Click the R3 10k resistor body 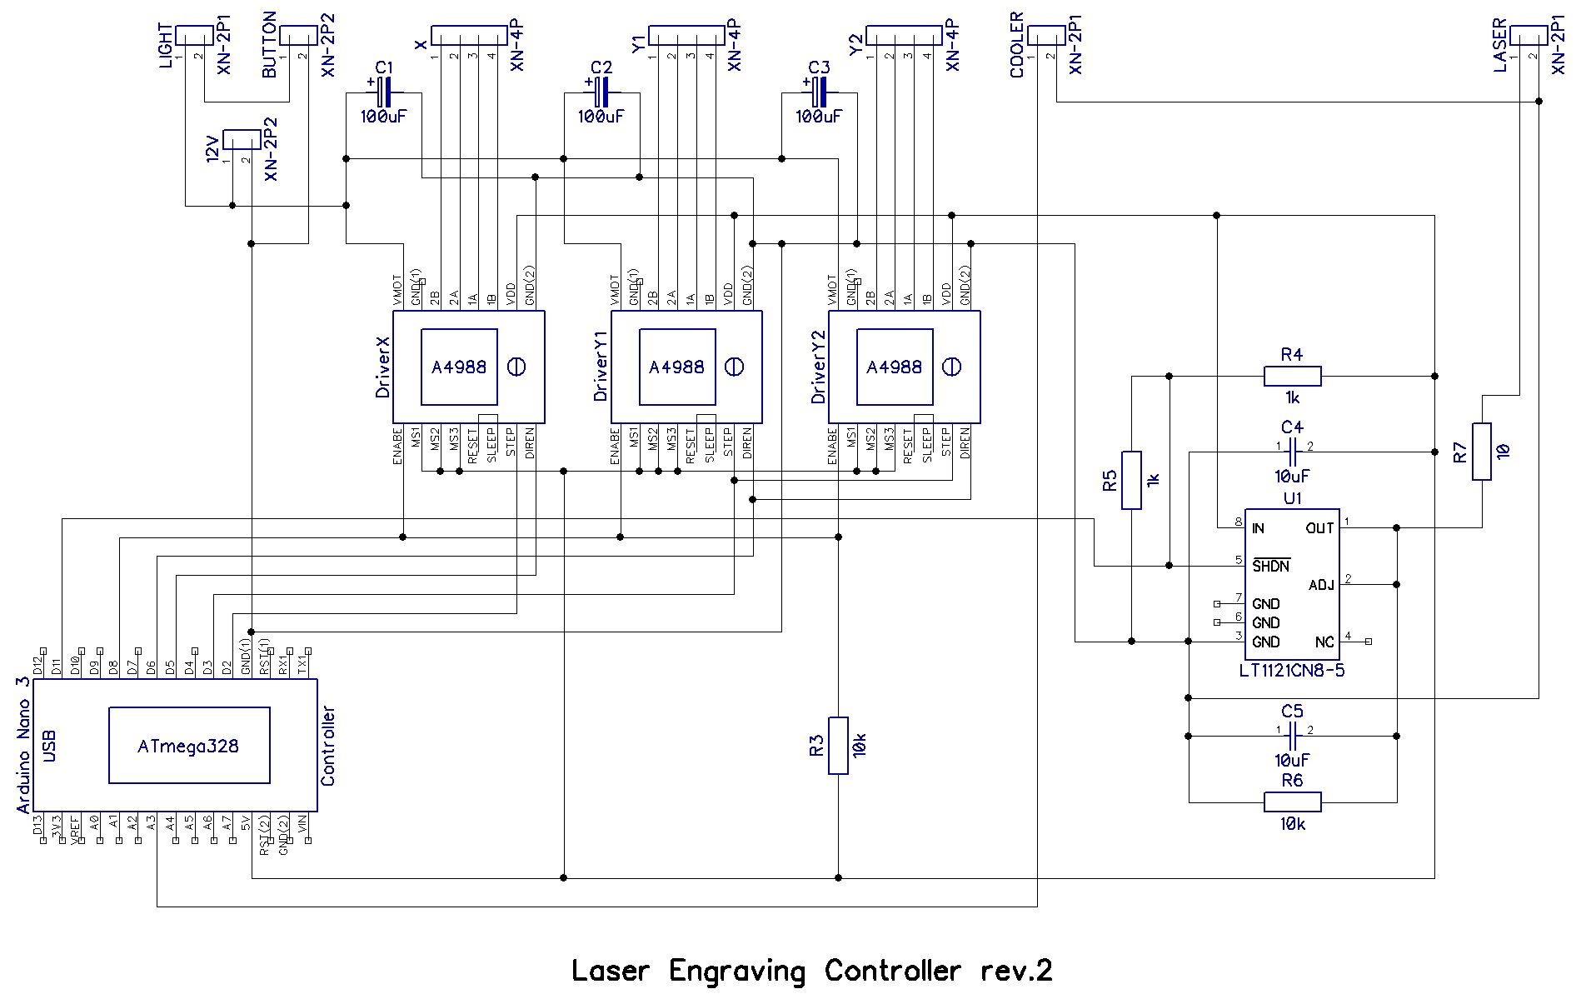click(x=838, y=745)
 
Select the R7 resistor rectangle click(x=1482, y=452)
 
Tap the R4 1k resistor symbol click(x=1292, y=377)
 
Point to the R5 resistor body click(x=1131, y=480)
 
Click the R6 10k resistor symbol click(x=1292, y=802)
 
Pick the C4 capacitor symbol click(x=1292, y=452)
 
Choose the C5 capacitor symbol click(x=1292, y=737)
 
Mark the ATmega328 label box click(x=189, y=746)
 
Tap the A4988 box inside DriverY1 click(x=676, y=367)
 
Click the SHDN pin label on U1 click(x=1271, y=566)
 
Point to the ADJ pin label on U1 click(x=1321, y=585)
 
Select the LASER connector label click(x=1499, y=46)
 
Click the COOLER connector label click(x=1017, y=46)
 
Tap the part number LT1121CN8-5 click(x=1292, y=670)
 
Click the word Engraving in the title click(x=737, y=971)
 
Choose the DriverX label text click(x=382, y=367)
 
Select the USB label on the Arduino click(x=50, y=746)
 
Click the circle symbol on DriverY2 click(x=951, y=367)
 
